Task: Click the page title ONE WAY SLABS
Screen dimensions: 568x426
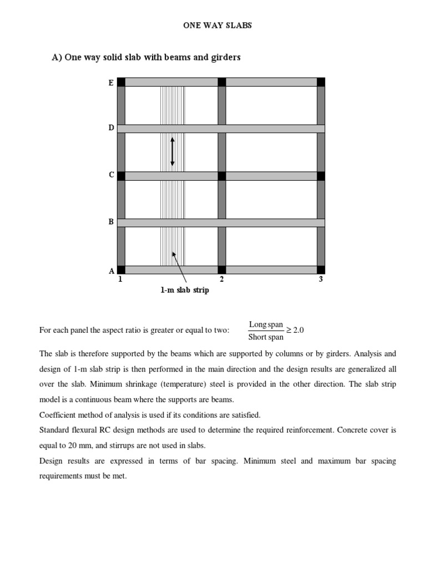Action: click(x=217, y=26)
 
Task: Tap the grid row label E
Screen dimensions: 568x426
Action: click(x=111, y=83)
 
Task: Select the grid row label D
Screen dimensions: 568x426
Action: click(x=111, y=128)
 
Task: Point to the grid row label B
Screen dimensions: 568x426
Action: click(x=111, y=222)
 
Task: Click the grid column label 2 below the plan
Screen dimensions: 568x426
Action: click(x=222, y=280)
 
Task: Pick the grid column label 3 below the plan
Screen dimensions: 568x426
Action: click(x=321, y=280)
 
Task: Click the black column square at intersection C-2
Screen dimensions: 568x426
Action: click(x=222, y=176)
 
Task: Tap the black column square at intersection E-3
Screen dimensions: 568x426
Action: click(x=321, y=82)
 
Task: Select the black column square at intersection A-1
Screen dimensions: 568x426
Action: click(x=121, y=270)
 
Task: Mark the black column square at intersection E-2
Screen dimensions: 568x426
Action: click(x=222, y=82)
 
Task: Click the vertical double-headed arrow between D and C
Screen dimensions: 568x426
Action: click(x=173, y=151)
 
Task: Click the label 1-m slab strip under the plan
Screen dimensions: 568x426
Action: click(x=185, y=290)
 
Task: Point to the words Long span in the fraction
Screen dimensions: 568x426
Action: click(x=266, y=324)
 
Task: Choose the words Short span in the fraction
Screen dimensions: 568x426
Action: click(x=266, y=337)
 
